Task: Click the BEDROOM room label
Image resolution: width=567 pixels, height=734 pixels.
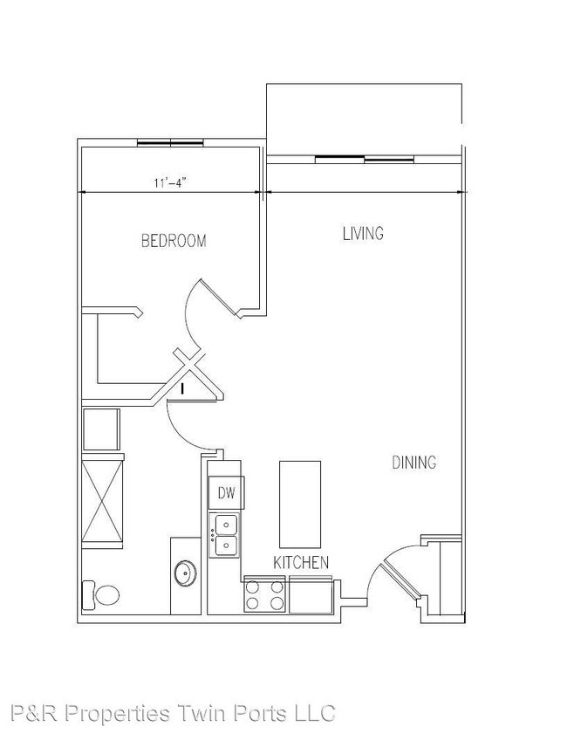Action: (x=174, y=241)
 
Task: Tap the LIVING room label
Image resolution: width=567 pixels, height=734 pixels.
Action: (x=363, y=233)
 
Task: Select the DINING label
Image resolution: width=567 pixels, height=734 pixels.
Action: (x=413, y=463)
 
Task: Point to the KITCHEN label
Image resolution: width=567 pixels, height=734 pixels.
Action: (x=301, y=562)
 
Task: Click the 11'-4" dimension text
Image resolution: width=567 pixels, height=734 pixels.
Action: (x=170, y=182)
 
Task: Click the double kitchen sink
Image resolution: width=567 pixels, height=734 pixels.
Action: (x=225, y=535)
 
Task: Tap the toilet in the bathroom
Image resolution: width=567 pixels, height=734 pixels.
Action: (x=100, y=595)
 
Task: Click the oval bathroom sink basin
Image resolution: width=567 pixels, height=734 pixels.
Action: (x=185, y=574)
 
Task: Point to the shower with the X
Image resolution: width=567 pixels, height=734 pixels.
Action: (x=102, y=502)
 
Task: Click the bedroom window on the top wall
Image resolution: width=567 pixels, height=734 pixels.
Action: (x=171, y=142)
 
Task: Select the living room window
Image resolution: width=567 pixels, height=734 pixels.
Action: (x=364, y=158)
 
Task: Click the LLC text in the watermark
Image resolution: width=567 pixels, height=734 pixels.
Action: (x=313, y=713)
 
